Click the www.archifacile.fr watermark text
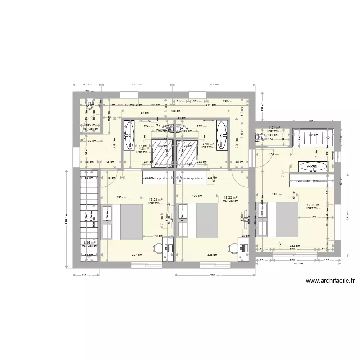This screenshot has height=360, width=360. [329, 282]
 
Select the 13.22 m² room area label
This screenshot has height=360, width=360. [231, 197]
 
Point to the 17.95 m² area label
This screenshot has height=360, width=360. [313, 205]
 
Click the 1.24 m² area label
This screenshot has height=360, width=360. [274, 128]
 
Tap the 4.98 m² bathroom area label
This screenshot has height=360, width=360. [208, 144]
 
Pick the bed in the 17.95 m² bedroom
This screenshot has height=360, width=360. [280, 219]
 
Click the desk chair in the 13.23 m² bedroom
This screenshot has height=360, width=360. [157, 248]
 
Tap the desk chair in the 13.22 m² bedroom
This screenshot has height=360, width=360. [232, 248]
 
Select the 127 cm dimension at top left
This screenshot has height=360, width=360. [87, 84]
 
